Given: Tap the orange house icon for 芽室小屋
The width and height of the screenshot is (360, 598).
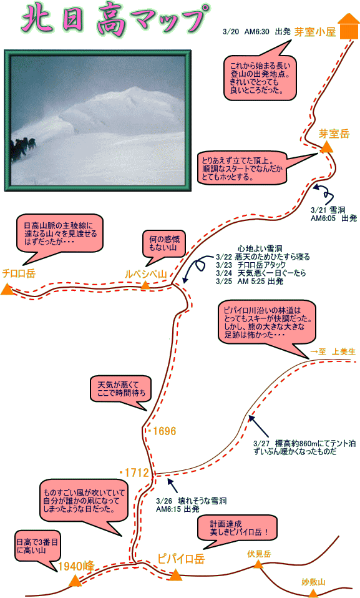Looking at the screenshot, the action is coord(349,27).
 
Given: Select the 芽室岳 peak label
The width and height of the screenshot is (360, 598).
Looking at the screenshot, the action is coord(334,134).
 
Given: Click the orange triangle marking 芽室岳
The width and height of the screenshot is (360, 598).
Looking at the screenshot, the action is coord(326,147).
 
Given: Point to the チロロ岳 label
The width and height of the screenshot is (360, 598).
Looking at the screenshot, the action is coord(19,273).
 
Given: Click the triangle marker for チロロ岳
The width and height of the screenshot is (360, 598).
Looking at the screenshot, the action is coord(7,289).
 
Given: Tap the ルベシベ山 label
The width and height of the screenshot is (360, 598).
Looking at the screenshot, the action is coord(146,274).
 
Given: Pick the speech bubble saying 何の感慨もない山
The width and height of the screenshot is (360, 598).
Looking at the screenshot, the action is coord(164,246).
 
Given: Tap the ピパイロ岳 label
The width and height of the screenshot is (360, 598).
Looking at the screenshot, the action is coord(181,559).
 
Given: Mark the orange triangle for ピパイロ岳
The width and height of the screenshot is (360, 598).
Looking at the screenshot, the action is coord(176,574).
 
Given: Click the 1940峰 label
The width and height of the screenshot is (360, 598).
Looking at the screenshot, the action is coord(76,566).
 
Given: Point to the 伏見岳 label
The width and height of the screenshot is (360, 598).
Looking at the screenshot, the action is coord(259,554).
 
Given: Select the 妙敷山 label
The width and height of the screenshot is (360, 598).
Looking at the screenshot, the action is coord(313,582).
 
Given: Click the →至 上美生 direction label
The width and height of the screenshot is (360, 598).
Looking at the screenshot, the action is coord(333,351).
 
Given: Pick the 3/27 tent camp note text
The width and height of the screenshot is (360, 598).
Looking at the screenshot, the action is coord(304,448).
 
